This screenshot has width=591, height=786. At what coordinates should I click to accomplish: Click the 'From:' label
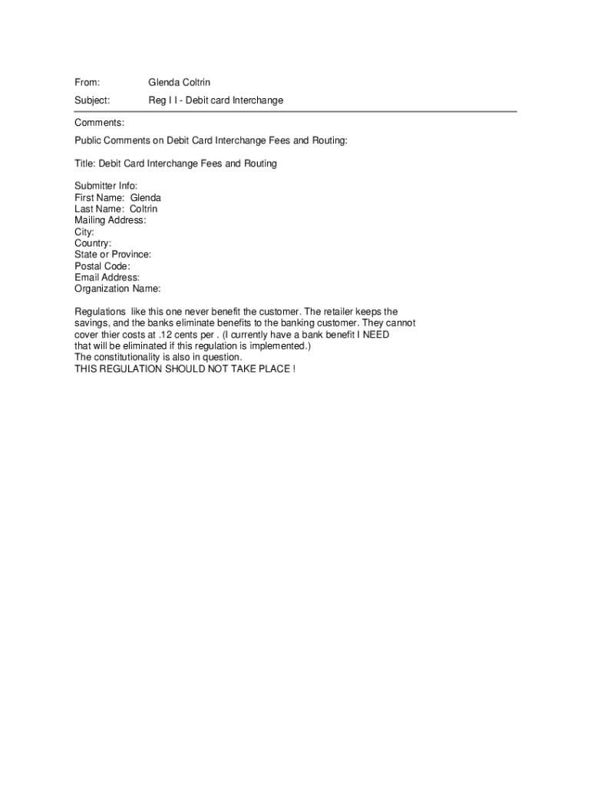click(87, 82)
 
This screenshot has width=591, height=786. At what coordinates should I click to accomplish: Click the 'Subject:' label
click(92, 101)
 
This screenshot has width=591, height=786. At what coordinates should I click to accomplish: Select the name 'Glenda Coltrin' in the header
click(180, 82)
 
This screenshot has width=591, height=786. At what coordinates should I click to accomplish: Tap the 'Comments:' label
click(99, 123)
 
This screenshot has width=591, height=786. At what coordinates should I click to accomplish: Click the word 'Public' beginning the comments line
click(88, 141)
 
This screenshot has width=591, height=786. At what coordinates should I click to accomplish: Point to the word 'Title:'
click(85, 163)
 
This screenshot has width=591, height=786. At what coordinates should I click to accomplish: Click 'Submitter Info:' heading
click(106, 186)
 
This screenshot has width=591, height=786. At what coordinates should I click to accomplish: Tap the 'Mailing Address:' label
click(110, 220)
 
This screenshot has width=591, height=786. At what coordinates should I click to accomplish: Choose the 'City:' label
click(84, 232)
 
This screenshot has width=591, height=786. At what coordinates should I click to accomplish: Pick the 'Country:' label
click(93, 243)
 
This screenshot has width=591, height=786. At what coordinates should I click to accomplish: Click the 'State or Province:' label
click(113, 254)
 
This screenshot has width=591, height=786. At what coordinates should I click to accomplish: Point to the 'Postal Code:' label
click(102, 266)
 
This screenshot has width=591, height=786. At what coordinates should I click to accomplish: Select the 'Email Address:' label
click(107, 277)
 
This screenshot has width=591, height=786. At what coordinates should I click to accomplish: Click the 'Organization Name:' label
click(117, 289)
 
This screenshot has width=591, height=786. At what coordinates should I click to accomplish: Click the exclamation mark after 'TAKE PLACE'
click(293, 369)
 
